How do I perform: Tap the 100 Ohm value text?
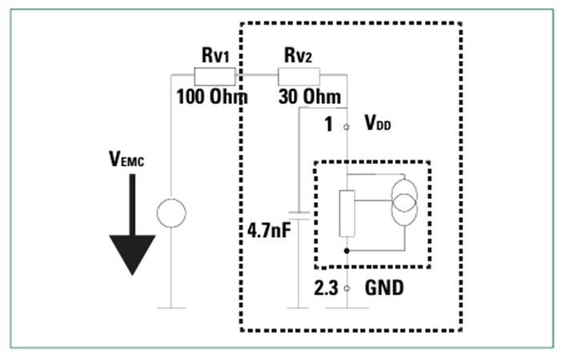212,97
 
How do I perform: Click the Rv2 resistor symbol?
299,77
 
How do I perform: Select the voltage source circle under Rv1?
171,214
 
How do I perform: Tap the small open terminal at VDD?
347,126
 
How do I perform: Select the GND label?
384,287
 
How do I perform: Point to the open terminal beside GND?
347,287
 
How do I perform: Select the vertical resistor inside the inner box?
347,214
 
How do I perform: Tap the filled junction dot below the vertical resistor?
347,250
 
